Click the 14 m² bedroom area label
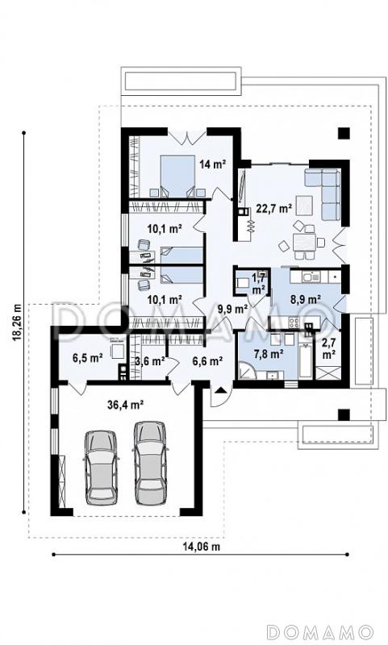point(213,164)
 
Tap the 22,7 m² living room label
point(273,209)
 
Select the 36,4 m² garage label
point(125,405)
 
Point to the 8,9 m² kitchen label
point(306,299)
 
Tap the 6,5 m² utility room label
point(88,358)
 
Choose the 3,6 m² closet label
point(150,361)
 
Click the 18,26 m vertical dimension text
point(17,322)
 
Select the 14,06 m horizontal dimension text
point(201,547)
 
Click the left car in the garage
point(101,467)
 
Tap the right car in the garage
point(149,463)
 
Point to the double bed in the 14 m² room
point(177,176)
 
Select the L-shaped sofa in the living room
point(323,193)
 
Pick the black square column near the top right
point(344,133)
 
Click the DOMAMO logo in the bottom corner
point(319,631)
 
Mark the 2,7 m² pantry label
point(328,349)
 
